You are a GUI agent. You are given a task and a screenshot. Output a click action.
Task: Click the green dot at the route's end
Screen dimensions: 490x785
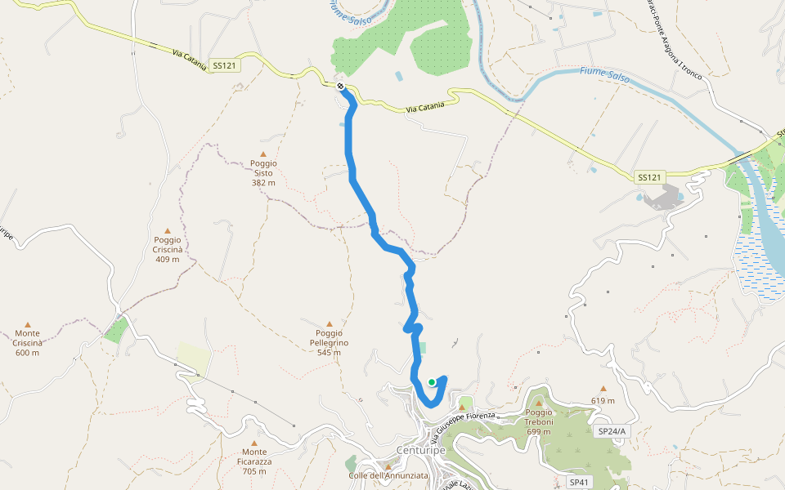tap(432, 381)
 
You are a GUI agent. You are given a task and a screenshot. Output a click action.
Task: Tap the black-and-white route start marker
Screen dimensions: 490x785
tap(340, 86)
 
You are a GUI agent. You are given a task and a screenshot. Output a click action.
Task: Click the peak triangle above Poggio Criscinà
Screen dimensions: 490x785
tap(168, 231)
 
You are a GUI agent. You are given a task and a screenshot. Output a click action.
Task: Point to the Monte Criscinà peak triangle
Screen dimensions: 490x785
tap(27, 324)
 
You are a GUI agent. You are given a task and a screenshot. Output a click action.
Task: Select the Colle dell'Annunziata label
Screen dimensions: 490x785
tap(388, 476)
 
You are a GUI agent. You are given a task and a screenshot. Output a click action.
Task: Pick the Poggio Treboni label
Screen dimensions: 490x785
tap(540, 416)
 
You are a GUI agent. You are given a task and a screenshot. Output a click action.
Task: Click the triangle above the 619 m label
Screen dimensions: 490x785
tap(603, 389)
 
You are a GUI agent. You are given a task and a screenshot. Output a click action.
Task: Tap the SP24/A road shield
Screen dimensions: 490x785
tap(612, 431)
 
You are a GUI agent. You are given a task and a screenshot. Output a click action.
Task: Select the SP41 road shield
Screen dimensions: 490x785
tap(579, 483)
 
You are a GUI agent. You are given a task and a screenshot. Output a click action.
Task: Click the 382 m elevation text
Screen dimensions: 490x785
tap(263, 183)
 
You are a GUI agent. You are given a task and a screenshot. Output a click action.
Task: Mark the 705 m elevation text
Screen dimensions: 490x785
tap(254, 471)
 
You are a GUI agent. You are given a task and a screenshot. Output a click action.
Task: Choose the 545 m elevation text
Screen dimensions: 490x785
tap(330, 353)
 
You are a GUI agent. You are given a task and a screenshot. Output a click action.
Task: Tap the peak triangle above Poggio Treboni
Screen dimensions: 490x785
tap(539, 403)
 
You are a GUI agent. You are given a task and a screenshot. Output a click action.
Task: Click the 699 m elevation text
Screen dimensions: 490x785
tap(540, 432)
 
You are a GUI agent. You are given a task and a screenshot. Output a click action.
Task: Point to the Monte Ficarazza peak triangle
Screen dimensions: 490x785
tap(253, 439)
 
